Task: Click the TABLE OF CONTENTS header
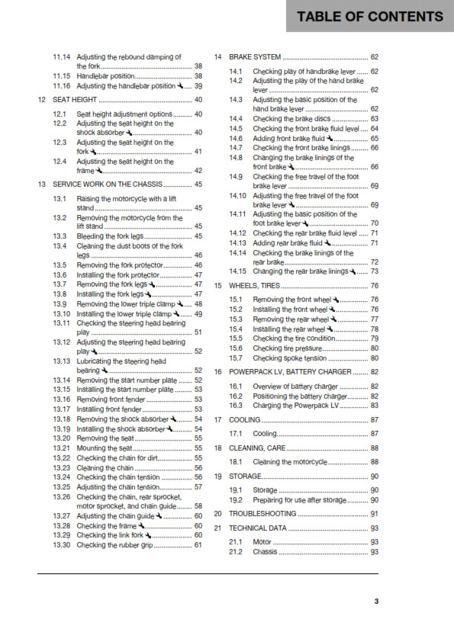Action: (370, 16)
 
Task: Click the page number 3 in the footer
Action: (375, 602)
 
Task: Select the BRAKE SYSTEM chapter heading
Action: (255, 57)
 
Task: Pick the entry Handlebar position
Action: (106, 76)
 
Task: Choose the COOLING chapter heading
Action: (245, 419)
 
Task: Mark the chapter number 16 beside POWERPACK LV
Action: (218, 371)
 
